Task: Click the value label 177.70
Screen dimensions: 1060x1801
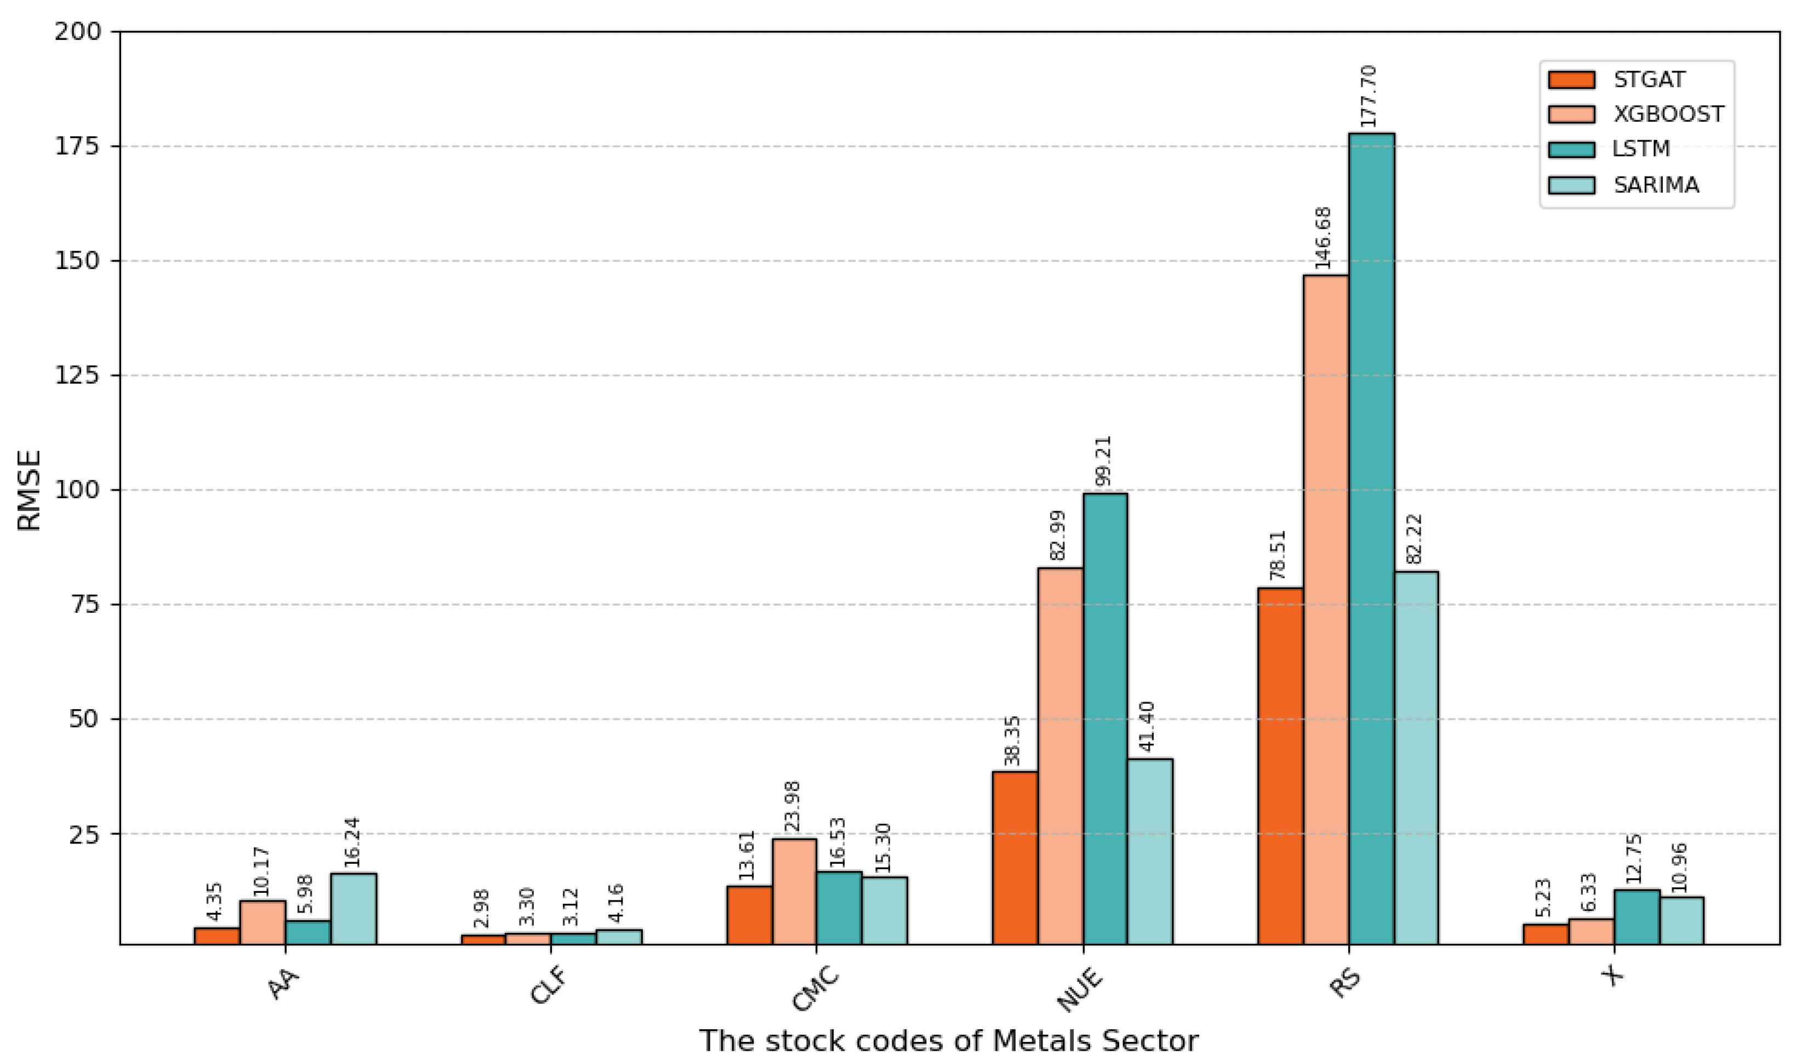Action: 1368,96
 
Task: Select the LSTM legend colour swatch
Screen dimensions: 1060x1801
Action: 1571,150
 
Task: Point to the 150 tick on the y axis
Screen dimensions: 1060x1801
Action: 78,261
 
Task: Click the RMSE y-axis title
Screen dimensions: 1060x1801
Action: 29,491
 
